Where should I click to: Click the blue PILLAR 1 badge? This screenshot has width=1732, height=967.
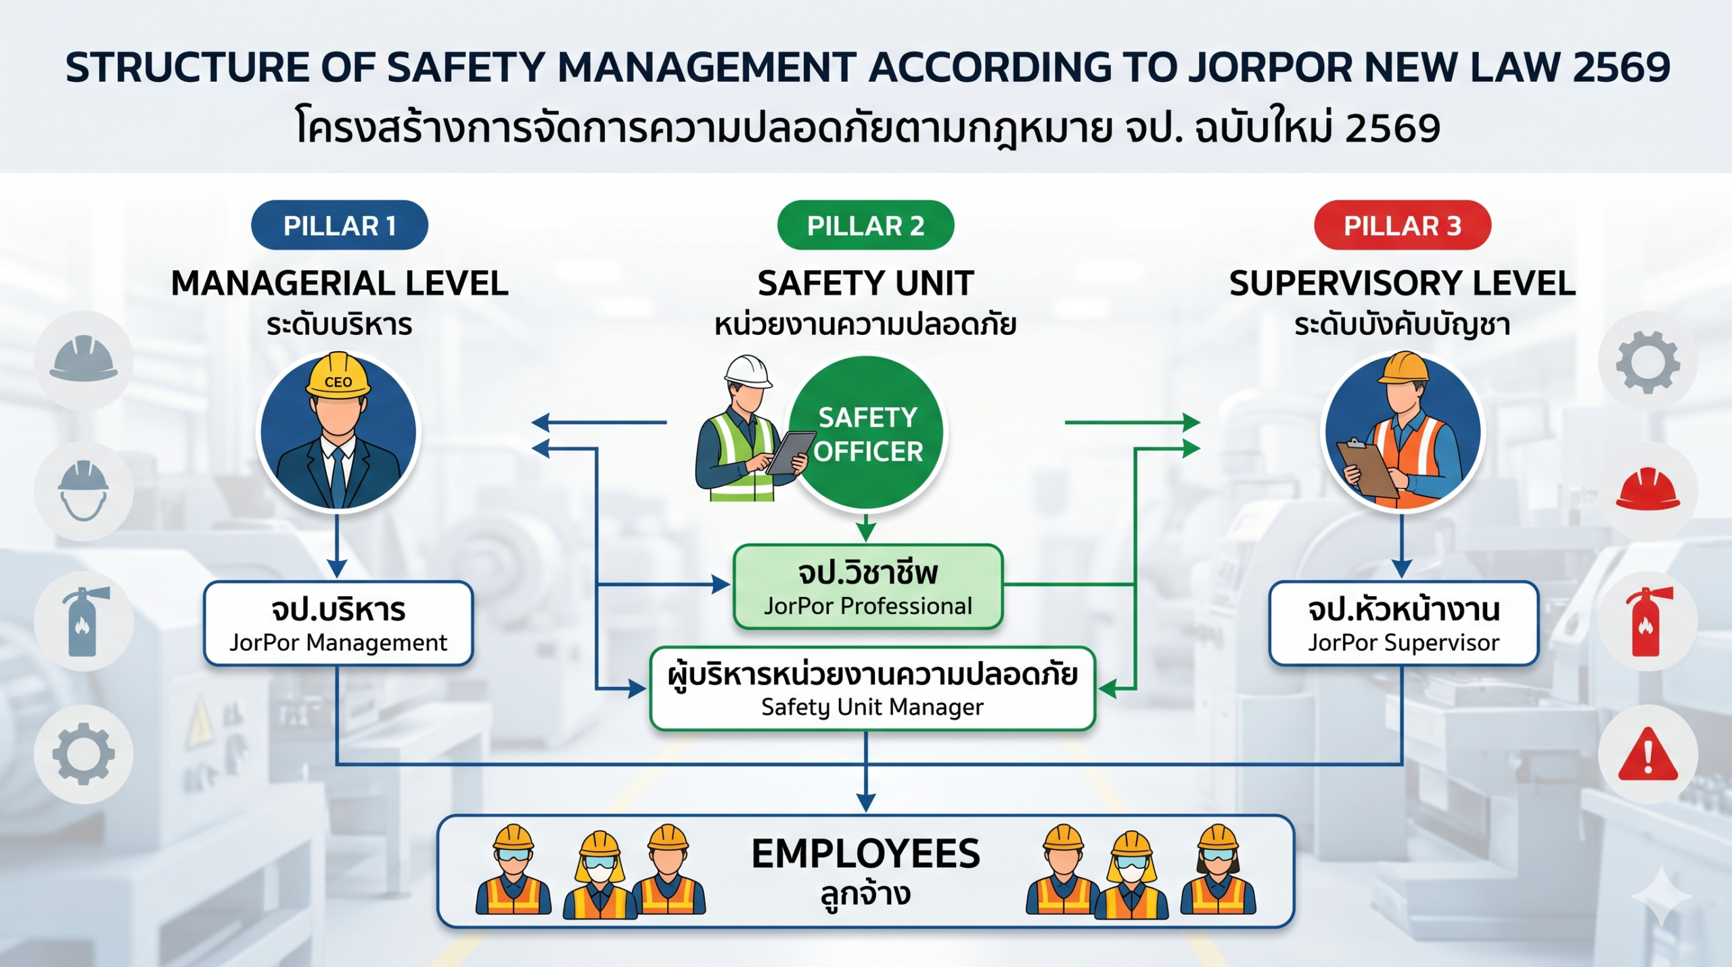point(339,225)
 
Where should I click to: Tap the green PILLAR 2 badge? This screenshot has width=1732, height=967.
point(865,225)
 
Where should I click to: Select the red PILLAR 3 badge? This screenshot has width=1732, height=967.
point(1403,225)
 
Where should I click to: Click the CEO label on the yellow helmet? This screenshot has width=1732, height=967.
point(338,382)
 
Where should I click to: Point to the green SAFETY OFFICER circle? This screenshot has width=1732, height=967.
point(868,433)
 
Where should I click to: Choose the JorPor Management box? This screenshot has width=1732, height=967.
point(338,624)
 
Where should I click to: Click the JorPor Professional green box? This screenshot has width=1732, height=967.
point(868,587)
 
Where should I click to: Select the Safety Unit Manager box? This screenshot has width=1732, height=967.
point(872,689)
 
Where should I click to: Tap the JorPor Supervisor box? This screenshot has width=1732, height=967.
point(1404,624)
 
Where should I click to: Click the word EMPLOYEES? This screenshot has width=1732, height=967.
point(865,854)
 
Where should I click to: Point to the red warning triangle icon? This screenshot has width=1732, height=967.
point(1647,754)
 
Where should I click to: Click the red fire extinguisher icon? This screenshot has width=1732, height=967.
point(1648,621)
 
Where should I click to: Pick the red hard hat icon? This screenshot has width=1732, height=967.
point(1647,489)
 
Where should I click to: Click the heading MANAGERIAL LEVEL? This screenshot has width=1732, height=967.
point(340,283)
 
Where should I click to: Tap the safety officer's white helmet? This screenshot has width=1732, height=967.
point(748,372)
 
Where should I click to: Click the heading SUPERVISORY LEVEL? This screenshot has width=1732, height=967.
point(1403,283)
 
